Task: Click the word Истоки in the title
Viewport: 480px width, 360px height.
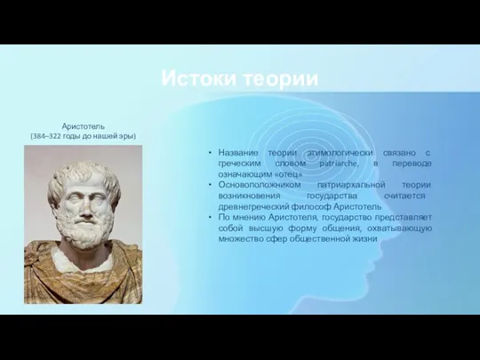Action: pyautogui.click(x=199, y=78)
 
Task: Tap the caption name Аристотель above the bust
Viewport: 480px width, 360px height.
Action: pyautogui.click(x=84, y=126)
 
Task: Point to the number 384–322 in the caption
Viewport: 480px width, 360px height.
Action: pyautogui.click(x=46, y=136)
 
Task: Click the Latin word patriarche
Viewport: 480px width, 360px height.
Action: pyautogui.click(x=339, y=164)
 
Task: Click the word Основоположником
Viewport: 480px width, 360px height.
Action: pyautogui.click(x=260, y=185)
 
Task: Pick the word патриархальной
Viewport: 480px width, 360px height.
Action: pyautogui.click(x=351, y=185)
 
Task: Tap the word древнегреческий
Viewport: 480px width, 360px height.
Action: pyautogui.click(x=253, y=206)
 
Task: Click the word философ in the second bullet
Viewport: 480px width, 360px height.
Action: pyautogui.click(x=311, y=206)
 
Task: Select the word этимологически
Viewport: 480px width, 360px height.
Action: pyautogui.click(x=340, y=153)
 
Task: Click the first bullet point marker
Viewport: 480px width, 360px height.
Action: pyautogui.click(x=210, y=153)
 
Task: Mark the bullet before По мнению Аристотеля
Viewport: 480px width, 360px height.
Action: pyautogui.click(x=210, y=217)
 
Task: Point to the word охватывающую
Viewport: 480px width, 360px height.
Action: pyautogui.click(x=399, y=228)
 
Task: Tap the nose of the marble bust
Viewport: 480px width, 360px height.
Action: pyautogui.click(x=86, y=208)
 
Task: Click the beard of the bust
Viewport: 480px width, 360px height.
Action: pyautogui.click(x=84, y=229)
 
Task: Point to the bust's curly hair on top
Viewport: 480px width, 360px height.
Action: pyautogui.click(x=84, y=173)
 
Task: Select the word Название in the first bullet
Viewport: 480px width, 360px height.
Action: pyautogui.click(x=238, y=153)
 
